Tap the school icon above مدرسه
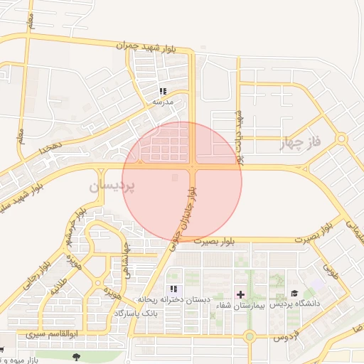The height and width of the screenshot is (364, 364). click(x=163, y=91)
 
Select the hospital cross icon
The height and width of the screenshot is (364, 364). click(x=241, y=294)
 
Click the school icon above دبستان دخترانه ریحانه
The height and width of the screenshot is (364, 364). click(x=173, y=289)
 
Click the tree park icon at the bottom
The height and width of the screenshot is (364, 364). click(x=76, y=354)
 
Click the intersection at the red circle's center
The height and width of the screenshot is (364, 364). click(x=193, y=167)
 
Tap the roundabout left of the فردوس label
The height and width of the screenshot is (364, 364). click(x=249, y=336)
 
